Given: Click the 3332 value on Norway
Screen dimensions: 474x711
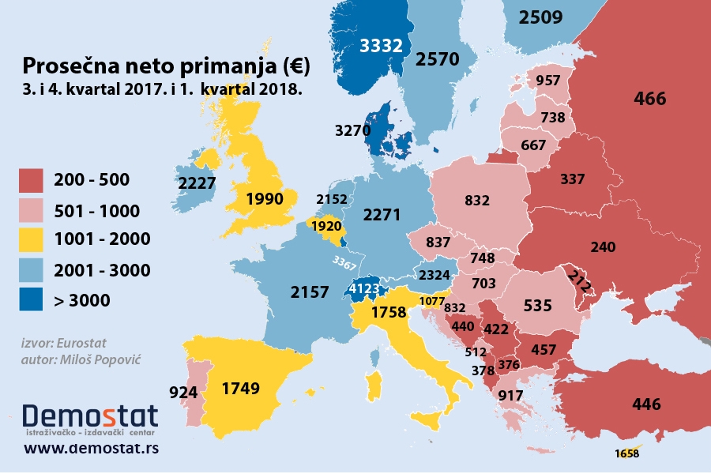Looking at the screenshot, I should pos(381,46).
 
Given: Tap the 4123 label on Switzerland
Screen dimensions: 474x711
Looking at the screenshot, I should pos(367,290).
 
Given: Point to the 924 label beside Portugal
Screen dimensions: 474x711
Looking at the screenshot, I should pos(183,391).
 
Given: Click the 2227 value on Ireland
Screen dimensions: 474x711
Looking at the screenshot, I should pos(197,183).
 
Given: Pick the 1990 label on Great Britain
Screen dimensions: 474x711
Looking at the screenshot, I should pos(265,198).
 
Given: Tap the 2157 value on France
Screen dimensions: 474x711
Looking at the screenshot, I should pos(310,292).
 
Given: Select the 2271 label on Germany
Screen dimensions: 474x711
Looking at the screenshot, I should pos(382,214).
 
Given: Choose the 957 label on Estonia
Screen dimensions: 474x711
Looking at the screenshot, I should pos(547,81).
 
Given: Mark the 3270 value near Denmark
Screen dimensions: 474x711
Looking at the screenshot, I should pos(353,130).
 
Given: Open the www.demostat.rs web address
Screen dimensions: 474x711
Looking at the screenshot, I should pos(92,449).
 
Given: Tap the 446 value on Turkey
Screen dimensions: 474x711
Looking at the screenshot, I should pos(646,405).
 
